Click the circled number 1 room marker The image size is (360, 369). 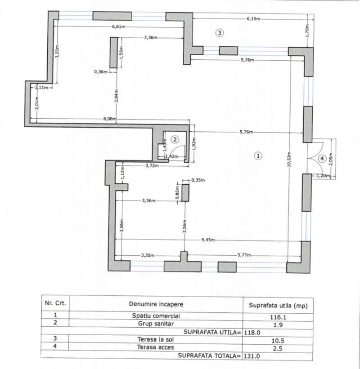(x=258, y=156)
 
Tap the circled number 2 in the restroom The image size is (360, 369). (x=175, y=140)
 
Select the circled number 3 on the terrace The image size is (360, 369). (x=219, y=33)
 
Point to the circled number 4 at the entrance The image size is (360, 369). (x=322, y=158)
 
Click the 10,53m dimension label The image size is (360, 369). (x=289, y=159)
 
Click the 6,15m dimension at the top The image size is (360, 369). (x=253, y=19)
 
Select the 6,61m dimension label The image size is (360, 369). (x=119, y=27)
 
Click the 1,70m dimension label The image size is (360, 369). (x=307, y=31)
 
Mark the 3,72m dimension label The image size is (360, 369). (x=152, y=165)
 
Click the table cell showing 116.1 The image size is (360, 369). (x=278, y=317)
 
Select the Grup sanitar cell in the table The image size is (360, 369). (x=156, y=324)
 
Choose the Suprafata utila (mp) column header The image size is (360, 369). (x=278, y=306)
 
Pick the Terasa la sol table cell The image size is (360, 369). (x=156, y=340)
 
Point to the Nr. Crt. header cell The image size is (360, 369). (x=55, y=303)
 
